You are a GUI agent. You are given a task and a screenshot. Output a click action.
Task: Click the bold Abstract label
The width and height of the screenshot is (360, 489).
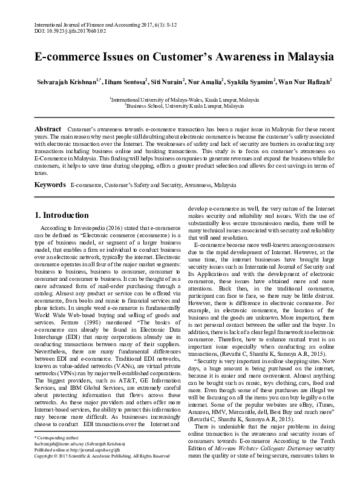point(48,130)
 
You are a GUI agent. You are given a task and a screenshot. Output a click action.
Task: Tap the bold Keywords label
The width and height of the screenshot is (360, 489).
point(50,184)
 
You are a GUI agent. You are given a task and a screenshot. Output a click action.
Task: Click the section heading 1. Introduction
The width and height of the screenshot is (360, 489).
point(62,215)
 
